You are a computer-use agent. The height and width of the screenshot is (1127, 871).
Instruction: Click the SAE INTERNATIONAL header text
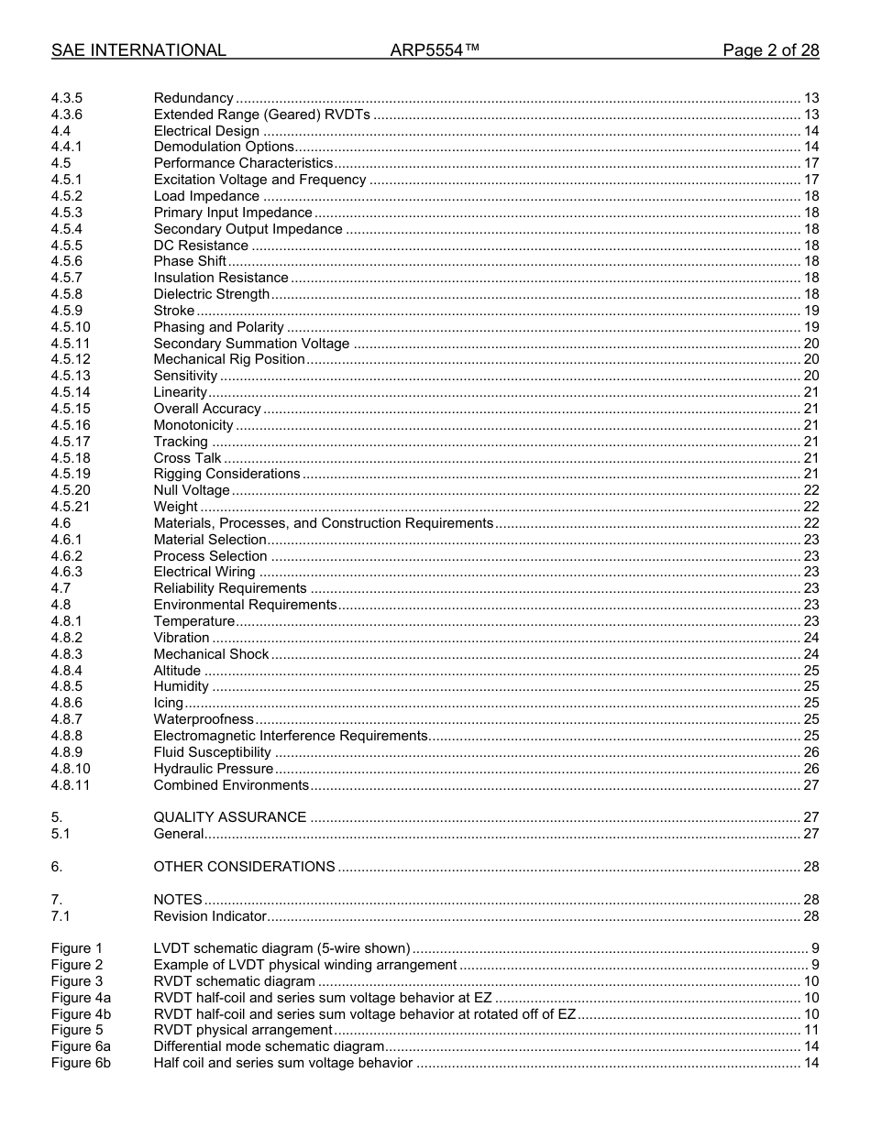click(138, 50)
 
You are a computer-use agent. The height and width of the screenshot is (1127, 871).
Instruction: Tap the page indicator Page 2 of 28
click(770, 50)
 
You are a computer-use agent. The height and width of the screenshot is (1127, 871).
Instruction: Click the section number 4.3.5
click(67, 98)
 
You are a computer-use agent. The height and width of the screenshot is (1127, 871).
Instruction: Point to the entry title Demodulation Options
click(224, 147)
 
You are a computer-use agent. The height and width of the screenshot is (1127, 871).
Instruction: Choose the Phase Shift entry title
click(190, 261)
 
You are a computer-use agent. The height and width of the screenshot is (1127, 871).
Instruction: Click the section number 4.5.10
click(71, 327)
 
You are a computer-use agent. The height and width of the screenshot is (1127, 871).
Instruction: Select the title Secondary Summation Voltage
click(251, 344)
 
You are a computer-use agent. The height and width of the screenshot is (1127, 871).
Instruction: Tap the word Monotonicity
click(193, 425)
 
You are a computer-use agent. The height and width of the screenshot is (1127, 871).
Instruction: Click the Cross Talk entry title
click(187, 458)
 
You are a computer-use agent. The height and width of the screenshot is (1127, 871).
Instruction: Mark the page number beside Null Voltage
click(810, 490)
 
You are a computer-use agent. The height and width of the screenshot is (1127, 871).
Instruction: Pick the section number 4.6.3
click(67, 572)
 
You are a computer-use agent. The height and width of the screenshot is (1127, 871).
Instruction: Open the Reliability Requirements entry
click(230, 588)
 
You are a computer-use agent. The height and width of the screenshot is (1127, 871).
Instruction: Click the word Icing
click(169, 703)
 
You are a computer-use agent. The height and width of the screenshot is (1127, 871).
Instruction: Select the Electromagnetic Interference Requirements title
click(291, 736)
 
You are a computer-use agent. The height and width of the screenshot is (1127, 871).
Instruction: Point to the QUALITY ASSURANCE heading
click(230, 817)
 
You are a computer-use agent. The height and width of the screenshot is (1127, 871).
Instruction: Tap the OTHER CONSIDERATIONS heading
click(244, 867)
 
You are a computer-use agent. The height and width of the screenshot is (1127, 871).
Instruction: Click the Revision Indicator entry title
click(210, 916)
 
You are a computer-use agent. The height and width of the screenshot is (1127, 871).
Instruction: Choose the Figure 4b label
click(81, 1014)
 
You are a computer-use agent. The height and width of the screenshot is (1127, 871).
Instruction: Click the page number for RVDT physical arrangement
click(810, 1031)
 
